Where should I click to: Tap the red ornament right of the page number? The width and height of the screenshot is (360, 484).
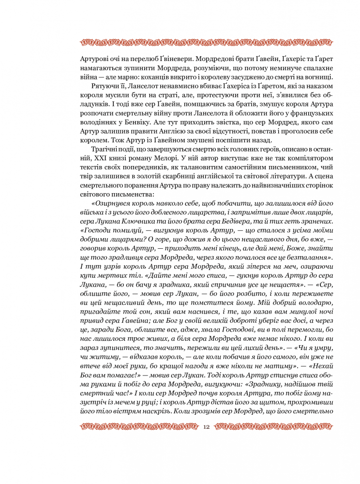pos(274,427)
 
